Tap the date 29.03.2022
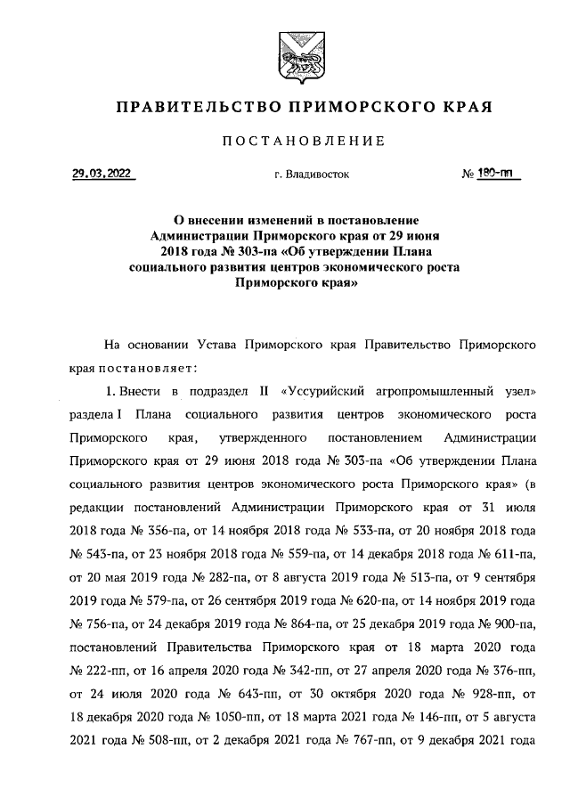pyautogui.click(x=102, y=175)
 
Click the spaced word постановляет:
pyautogui.click(x=146, y=367)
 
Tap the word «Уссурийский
pyautogui.click(x=325, y=391)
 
